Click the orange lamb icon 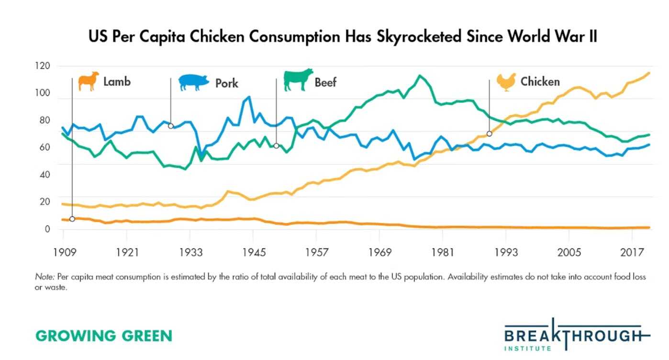tap(89, 81)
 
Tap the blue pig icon tap(194, 82)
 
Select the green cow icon tap(298, 80)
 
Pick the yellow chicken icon tap(506, 82)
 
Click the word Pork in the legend tap(227, 83)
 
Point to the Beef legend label tap(325, 82)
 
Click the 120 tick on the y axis tap(43, 66)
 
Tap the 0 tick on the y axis tap(47, 229)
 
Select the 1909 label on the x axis tap(65, 253)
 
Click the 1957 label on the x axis tap(317, 253)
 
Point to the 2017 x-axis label tap(632, 253)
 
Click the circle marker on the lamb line tap(72, 219)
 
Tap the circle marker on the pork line tap(171, 126)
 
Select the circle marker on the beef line tap(276, 146)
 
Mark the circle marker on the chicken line tap(489, 134)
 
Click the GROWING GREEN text tap(104, 336)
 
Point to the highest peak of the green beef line tap(420, 76)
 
